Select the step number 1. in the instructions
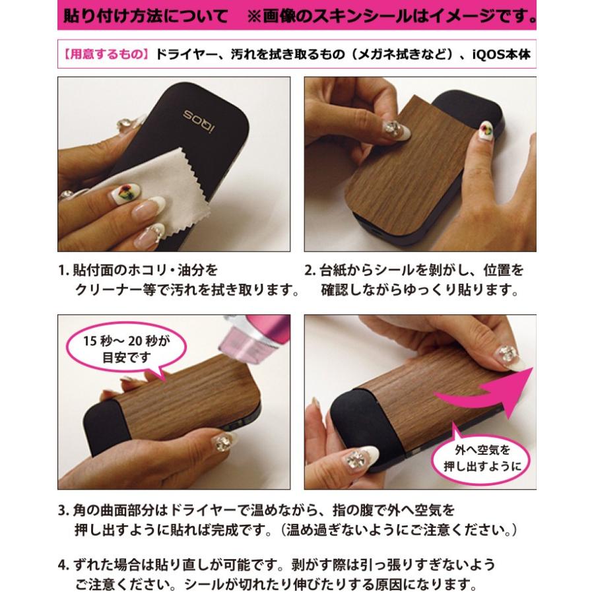click(x=64, y=271)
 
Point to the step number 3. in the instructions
click(x=64, y=511)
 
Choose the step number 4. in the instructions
click(x=64, y=565)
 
